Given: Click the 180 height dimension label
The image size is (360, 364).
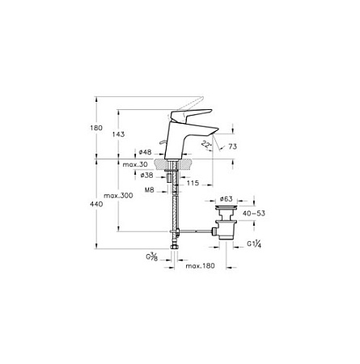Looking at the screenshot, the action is [96, 128].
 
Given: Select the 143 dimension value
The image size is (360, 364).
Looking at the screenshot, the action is [118, 134].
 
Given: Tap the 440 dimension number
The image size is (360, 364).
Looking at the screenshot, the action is [96, 205].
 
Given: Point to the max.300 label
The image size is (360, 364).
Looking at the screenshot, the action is [118, 196].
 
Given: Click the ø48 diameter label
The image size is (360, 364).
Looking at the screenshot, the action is [145, 152].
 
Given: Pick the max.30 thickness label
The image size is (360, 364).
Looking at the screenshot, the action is [135, 164].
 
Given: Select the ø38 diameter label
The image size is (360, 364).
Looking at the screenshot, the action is [146, 176].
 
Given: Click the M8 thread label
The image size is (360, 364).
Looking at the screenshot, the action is [149, 190].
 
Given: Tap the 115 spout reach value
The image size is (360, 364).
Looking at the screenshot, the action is [193, 184].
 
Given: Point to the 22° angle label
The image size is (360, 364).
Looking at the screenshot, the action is [206, 145].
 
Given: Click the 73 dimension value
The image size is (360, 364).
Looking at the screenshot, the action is [232, 146].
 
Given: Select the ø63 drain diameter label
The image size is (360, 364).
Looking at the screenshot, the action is [226, 199].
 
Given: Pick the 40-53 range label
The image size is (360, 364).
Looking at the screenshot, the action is [254, 214].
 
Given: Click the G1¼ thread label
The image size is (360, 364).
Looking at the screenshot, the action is [254, 244].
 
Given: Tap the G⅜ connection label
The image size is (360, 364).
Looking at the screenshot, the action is [152, 256].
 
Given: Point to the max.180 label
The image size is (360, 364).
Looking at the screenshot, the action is [200, 266].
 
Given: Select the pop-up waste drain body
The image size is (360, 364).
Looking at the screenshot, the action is [227, 222].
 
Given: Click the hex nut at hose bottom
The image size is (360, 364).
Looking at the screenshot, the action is [175, 247].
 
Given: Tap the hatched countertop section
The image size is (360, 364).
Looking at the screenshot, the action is [173, 164].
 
